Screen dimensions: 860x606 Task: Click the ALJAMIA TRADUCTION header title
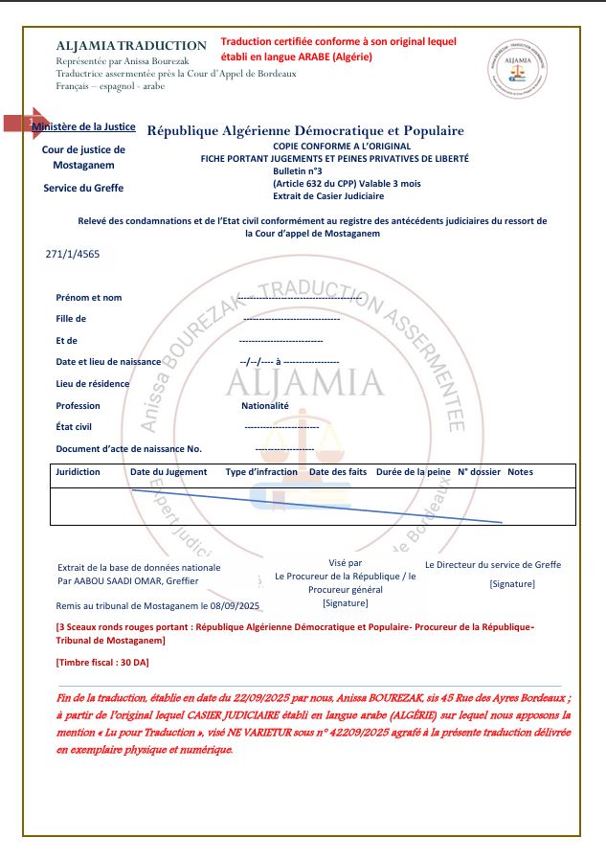[131, 45]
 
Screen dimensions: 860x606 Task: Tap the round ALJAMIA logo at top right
[517, 67]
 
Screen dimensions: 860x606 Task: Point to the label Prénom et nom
[89, 298]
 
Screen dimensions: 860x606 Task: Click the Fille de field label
[71, 319]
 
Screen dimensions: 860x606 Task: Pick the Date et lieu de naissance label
[108, 362]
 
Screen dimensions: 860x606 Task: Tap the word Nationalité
[265, 405]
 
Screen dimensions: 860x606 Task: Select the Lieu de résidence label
[92, 383]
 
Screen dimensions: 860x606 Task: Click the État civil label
[75, 426]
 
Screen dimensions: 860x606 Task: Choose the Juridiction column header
[78, 472]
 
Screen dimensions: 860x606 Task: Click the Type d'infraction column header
[261, 472]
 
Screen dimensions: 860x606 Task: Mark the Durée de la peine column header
[413, 472]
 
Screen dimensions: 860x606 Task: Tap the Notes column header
[520, 472]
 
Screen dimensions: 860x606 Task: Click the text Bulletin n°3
[298, 170]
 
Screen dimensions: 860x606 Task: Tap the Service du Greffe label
[83, 189]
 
